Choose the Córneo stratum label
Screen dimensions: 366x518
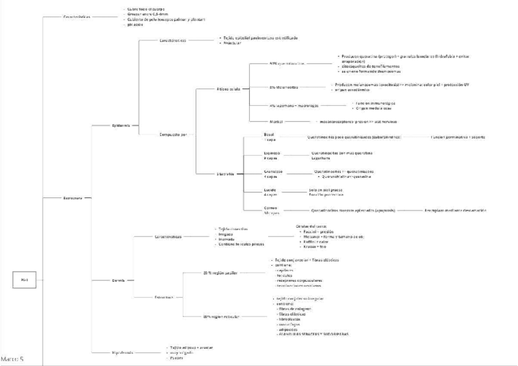(x=271, y=210)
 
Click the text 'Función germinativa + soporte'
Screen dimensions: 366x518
(x=458, y=137)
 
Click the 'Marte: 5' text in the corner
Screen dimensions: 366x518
(x=13, y=359)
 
